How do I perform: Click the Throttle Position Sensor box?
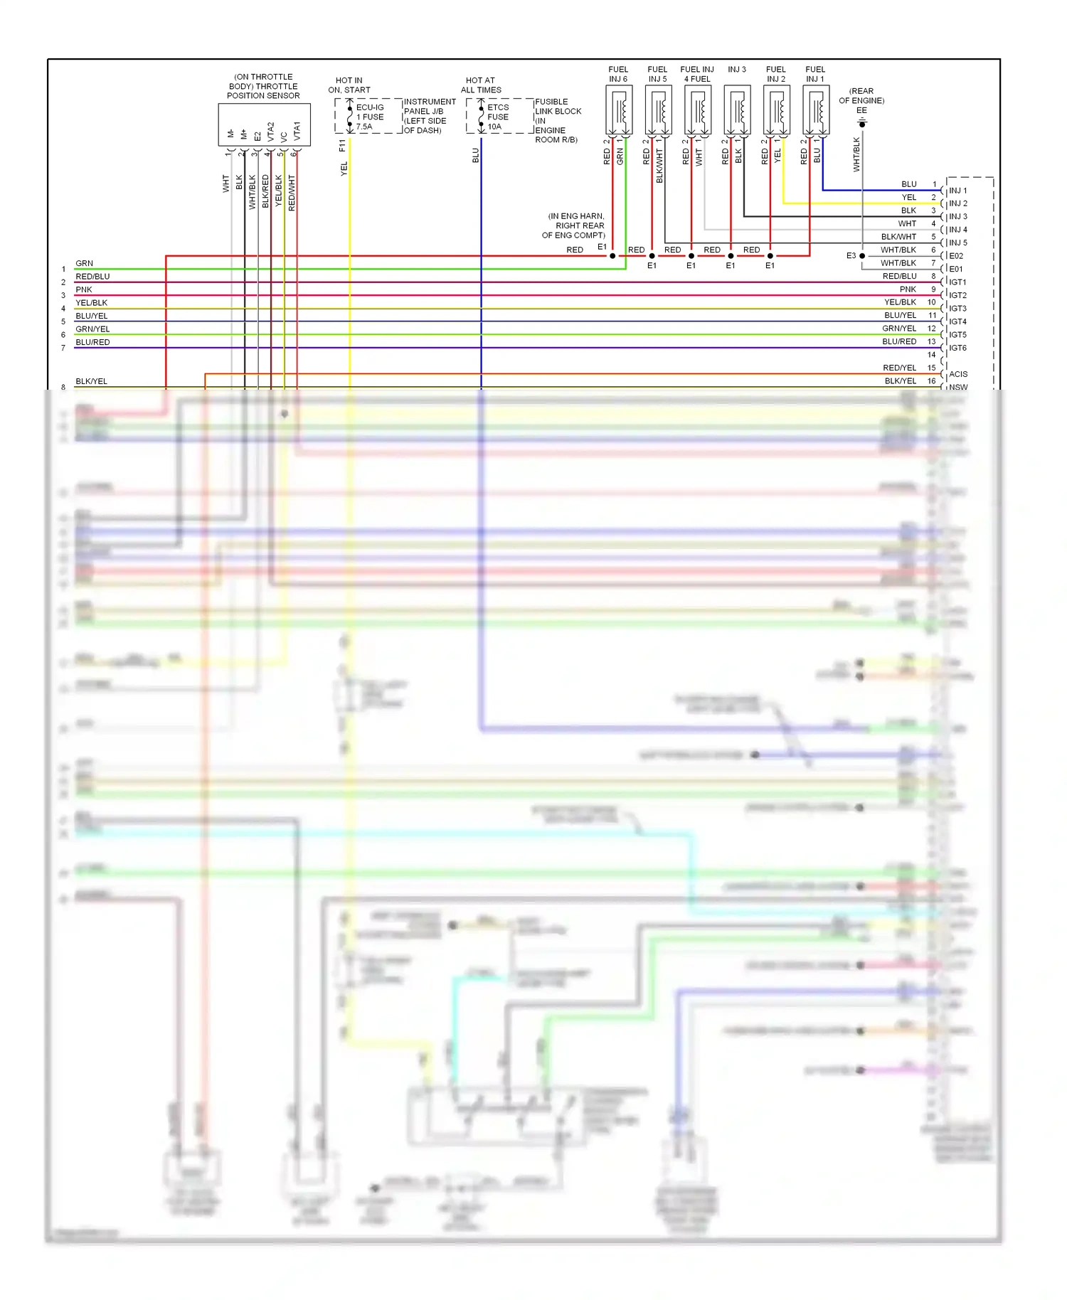pos(264,125)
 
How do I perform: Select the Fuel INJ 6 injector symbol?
pos(619,111)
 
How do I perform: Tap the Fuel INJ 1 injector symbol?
pos(815,111)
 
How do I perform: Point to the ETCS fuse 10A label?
pos(498,117)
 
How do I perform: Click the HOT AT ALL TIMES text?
pos(481,85)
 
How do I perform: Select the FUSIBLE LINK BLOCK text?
pos(558,107)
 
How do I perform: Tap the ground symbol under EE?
pos(862,124)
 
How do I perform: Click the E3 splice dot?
pos(862,256)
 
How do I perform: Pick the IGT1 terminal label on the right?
pos(958,282)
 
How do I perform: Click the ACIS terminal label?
pos(958,374)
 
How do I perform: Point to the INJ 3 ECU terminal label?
pos(958,216)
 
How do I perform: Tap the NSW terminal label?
pos(958,388)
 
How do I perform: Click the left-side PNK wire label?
pos(84,289)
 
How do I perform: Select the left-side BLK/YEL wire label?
pos(92,381)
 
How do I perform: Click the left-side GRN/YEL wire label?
pos(92,329)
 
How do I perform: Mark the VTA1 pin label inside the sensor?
pos(297,131)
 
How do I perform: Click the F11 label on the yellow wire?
pos(342,145)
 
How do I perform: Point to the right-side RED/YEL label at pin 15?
pos(899,368)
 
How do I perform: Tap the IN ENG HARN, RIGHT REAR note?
pos(575,225)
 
